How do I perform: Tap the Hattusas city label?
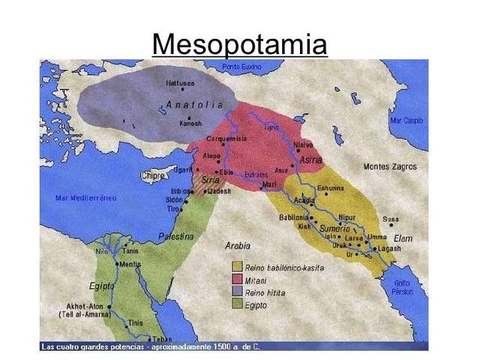181,83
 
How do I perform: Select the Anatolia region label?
194,104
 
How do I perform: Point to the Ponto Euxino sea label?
241,67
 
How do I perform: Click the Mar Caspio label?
406,120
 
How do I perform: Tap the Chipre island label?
154,176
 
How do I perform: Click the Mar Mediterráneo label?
85,198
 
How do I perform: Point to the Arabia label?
238,245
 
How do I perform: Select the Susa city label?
390,219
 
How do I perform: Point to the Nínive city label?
303,144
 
